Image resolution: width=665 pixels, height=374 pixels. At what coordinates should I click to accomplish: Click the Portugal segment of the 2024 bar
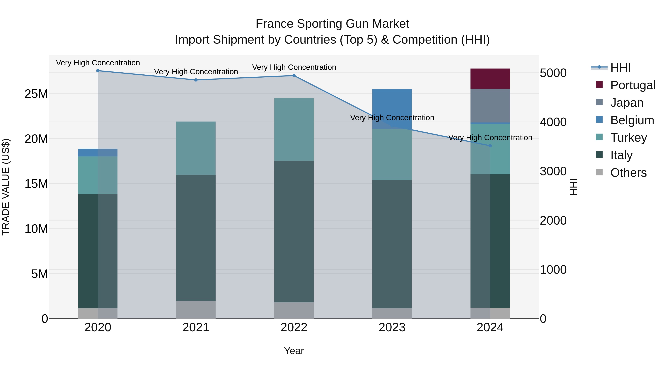pyautogui.click(x=490, y=79)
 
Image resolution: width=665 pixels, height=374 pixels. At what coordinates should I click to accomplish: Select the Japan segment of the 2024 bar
pyautogui.click(x=490, y=106)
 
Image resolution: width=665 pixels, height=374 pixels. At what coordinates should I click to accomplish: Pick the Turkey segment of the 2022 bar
pyautogui.click(x=294, y=129)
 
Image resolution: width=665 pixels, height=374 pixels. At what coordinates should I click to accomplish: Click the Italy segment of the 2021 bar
pyautogui.click(x=196, y=238)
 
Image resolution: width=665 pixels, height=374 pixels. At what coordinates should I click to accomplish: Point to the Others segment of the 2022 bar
pyautogui.click(x=294, y=310)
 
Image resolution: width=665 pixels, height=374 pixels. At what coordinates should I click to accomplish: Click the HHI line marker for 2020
pyautogui.click(x=98, y=71)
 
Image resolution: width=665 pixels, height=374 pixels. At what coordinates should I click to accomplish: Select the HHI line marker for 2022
pyautogui.click(x=294, y=76)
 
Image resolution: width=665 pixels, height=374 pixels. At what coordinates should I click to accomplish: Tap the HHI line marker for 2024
pyautogui.click(x=490, y=146)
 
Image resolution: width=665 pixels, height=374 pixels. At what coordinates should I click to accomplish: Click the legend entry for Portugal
pyautogui.click(x=632, y=85)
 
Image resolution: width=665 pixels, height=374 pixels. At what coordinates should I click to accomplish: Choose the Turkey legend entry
pyautogui.click(x=628, y=138)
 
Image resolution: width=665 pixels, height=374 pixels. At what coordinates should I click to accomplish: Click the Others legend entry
pyautogui.click(x=628, y=173)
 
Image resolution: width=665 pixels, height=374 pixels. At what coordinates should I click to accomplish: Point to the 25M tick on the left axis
pyautogui.click(x=36, y=94)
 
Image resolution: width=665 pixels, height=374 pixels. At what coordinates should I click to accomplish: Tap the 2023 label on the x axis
pyautogui.click(x=392, y=327)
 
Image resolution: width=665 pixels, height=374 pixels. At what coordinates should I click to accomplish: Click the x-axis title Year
pyautogui.click(x=294, y=351)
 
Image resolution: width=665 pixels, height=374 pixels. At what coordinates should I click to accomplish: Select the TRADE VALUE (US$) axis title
pyautogui.click(x=6, y=187)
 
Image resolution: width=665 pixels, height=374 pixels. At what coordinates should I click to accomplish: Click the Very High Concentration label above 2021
pyautogui.click(x=196, y=72)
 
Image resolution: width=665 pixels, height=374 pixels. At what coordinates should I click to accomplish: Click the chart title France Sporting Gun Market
pyautogui.click(x=332, y=24)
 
